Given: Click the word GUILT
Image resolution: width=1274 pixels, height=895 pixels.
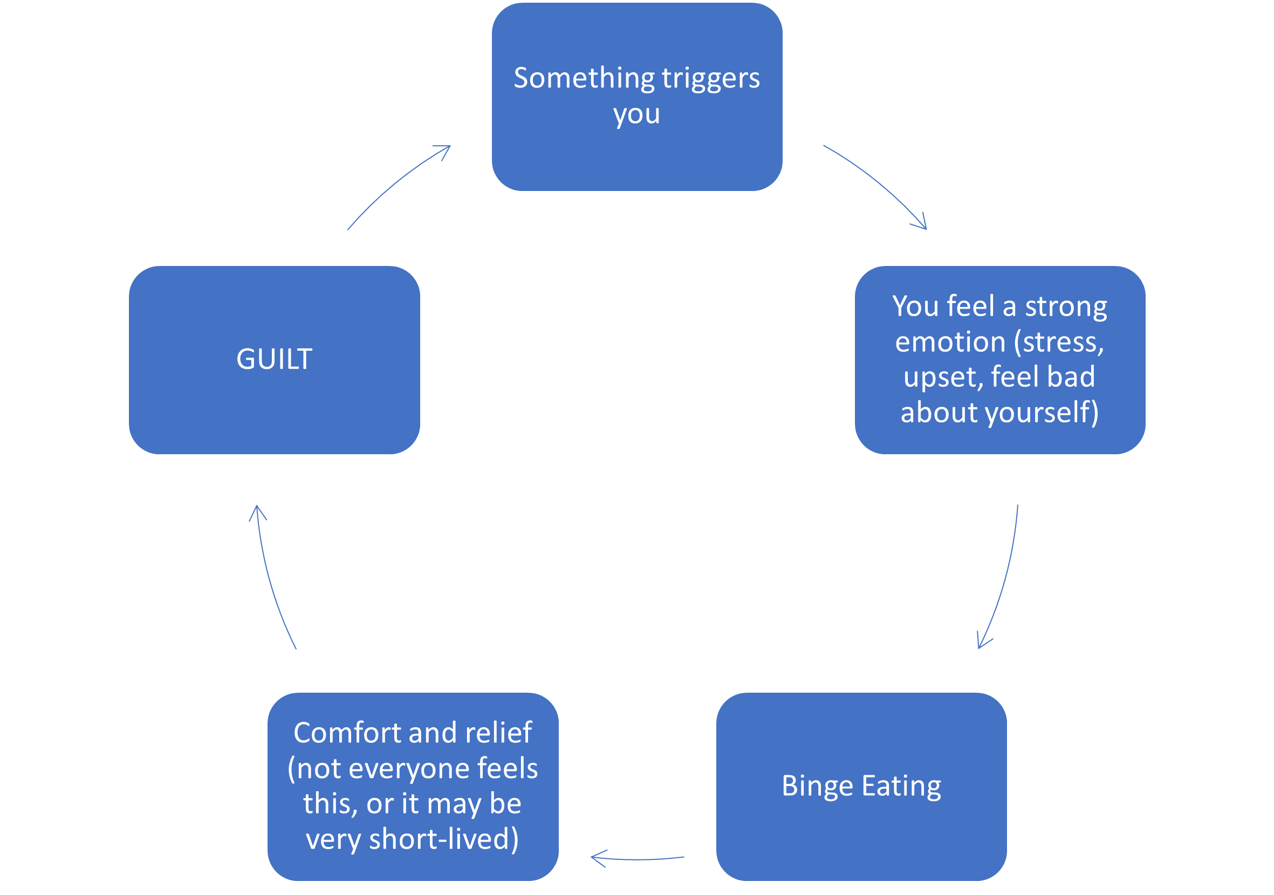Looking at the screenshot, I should (x=274, y=359).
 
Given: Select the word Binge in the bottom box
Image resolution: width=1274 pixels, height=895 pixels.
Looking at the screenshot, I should (x=817, y=786).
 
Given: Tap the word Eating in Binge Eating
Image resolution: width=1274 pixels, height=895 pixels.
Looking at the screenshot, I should (x=902, y=786).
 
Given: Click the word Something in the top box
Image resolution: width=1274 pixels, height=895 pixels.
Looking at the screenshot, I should (x=584, y=78).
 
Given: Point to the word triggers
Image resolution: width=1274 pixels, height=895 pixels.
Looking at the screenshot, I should (x=711, y=78).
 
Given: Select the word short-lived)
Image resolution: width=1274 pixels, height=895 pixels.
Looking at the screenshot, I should (x=444, y=838).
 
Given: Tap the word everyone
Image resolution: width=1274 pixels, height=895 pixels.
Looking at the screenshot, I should (x=409, y=768).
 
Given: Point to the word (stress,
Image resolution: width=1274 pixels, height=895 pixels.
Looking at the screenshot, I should (x=1059, y=342).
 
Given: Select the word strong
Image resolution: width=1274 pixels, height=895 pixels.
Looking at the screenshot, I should (x=1066, y=306).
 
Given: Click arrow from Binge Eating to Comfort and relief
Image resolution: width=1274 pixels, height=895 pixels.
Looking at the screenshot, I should (x=638, y=858).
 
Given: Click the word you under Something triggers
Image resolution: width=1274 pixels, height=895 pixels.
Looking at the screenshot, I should (x=636, y=114).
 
